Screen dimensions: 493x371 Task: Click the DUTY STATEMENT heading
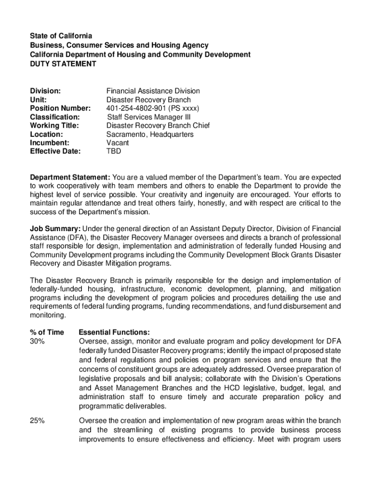click(x=63, y=64)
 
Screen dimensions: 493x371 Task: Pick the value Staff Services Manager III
click(x=149, y=117)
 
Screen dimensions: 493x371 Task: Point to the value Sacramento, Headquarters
click(x=150, y=134)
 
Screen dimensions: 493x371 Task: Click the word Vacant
click(x=118, y=143)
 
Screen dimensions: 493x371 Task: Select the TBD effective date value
click(x=114, y=151)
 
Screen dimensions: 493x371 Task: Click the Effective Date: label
click(x=55, y=151)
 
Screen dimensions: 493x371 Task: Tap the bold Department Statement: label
click(x=70, y=177)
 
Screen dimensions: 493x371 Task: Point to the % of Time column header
click(x=47, y=332)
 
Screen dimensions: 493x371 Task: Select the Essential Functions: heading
click(x=114, y=332)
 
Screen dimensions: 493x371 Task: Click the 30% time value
click(x=38, y=341)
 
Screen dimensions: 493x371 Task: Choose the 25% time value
click(x=38, y=421)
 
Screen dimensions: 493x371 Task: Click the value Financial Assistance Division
click(x=153, y=91)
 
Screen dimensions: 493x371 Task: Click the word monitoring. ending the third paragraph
click(x=48, y=315)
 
